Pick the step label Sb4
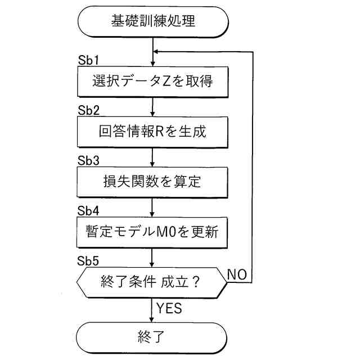[x=88, y=210]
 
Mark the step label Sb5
[x=88, y=260]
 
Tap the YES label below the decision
[x=169, y=309]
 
